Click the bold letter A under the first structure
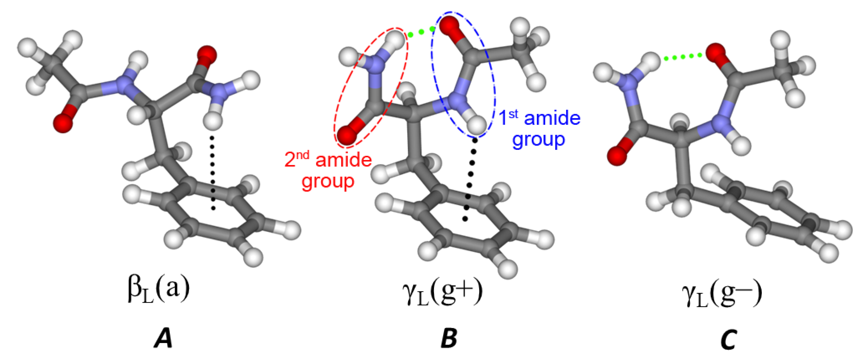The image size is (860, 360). (x=164, y=338)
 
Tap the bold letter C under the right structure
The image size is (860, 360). (x=729, y=339)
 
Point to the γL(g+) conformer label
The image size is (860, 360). (x=443, y=291)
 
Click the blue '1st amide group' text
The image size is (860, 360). (x=539, y=129)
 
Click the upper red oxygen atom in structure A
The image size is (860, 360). (x=207, y=55)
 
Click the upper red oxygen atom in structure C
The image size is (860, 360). (x=716, y=53)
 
